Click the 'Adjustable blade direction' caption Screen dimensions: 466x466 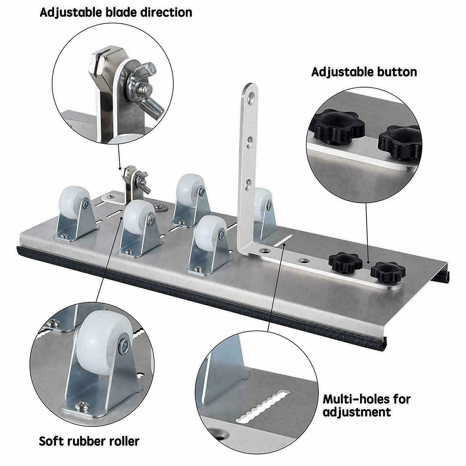116,12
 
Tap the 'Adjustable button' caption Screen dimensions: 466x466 364,72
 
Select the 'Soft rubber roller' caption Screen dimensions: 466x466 89,441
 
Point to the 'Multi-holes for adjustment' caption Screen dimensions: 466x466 367,405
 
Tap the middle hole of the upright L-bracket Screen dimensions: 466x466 249,143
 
